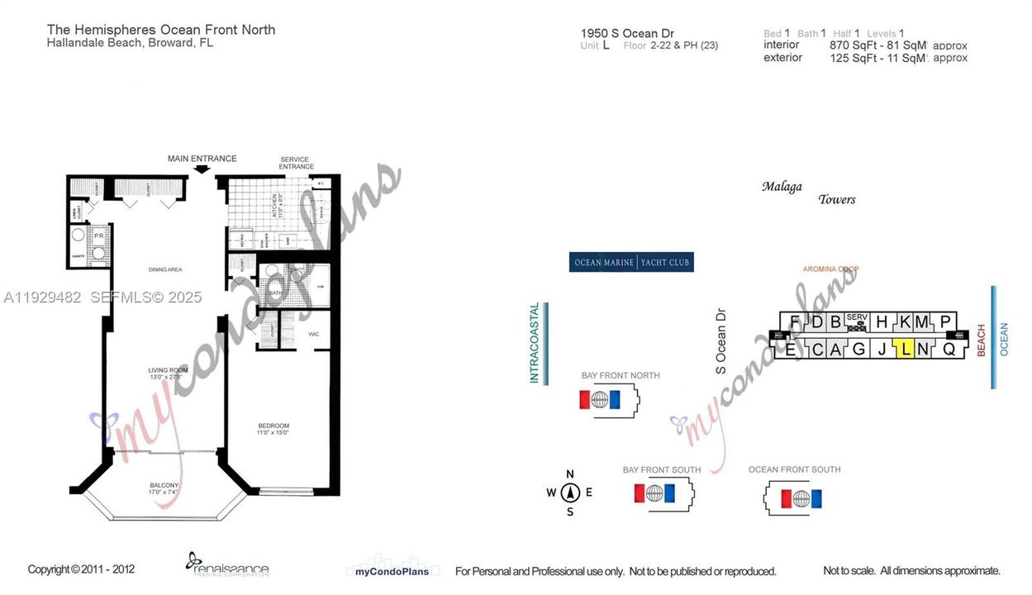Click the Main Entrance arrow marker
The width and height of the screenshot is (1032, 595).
202,169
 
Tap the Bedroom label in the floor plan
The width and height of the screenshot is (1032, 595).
272,424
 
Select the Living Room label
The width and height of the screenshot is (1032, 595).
169,369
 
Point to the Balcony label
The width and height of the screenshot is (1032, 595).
164,485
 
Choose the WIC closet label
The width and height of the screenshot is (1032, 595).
313,334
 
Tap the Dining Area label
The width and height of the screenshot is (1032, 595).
166,269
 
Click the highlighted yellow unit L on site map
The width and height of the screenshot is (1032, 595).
906,349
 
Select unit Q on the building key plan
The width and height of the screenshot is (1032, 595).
949,349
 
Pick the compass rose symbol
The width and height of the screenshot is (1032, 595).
569,493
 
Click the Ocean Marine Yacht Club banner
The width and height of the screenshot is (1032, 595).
631,263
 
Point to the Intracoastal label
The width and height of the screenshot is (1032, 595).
535,344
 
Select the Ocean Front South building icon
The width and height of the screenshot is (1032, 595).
800,498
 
